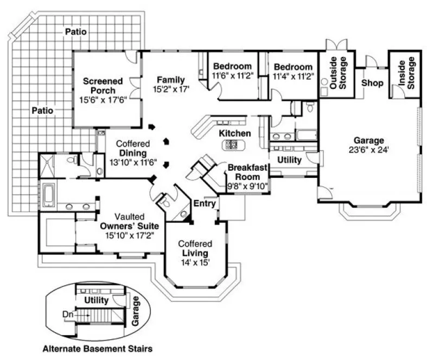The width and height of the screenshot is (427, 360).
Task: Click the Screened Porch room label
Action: pos(103,86)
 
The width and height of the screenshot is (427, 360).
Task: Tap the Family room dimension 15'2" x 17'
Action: pos(171,90)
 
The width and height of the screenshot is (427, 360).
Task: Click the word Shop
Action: pos(372,83)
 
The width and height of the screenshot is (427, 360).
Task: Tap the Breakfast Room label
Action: pos(247,172)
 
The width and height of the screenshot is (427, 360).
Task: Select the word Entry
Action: pos(206,203)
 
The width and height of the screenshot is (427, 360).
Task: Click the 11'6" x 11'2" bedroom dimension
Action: pos(232,76)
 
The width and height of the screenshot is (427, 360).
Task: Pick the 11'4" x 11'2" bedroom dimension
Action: pos(293,76)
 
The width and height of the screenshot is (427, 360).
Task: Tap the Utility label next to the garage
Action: pos(289,160)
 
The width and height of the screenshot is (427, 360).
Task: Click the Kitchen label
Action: pos(234,133)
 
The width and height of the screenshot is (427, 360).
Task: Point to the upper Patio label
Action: pos(75,32)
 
